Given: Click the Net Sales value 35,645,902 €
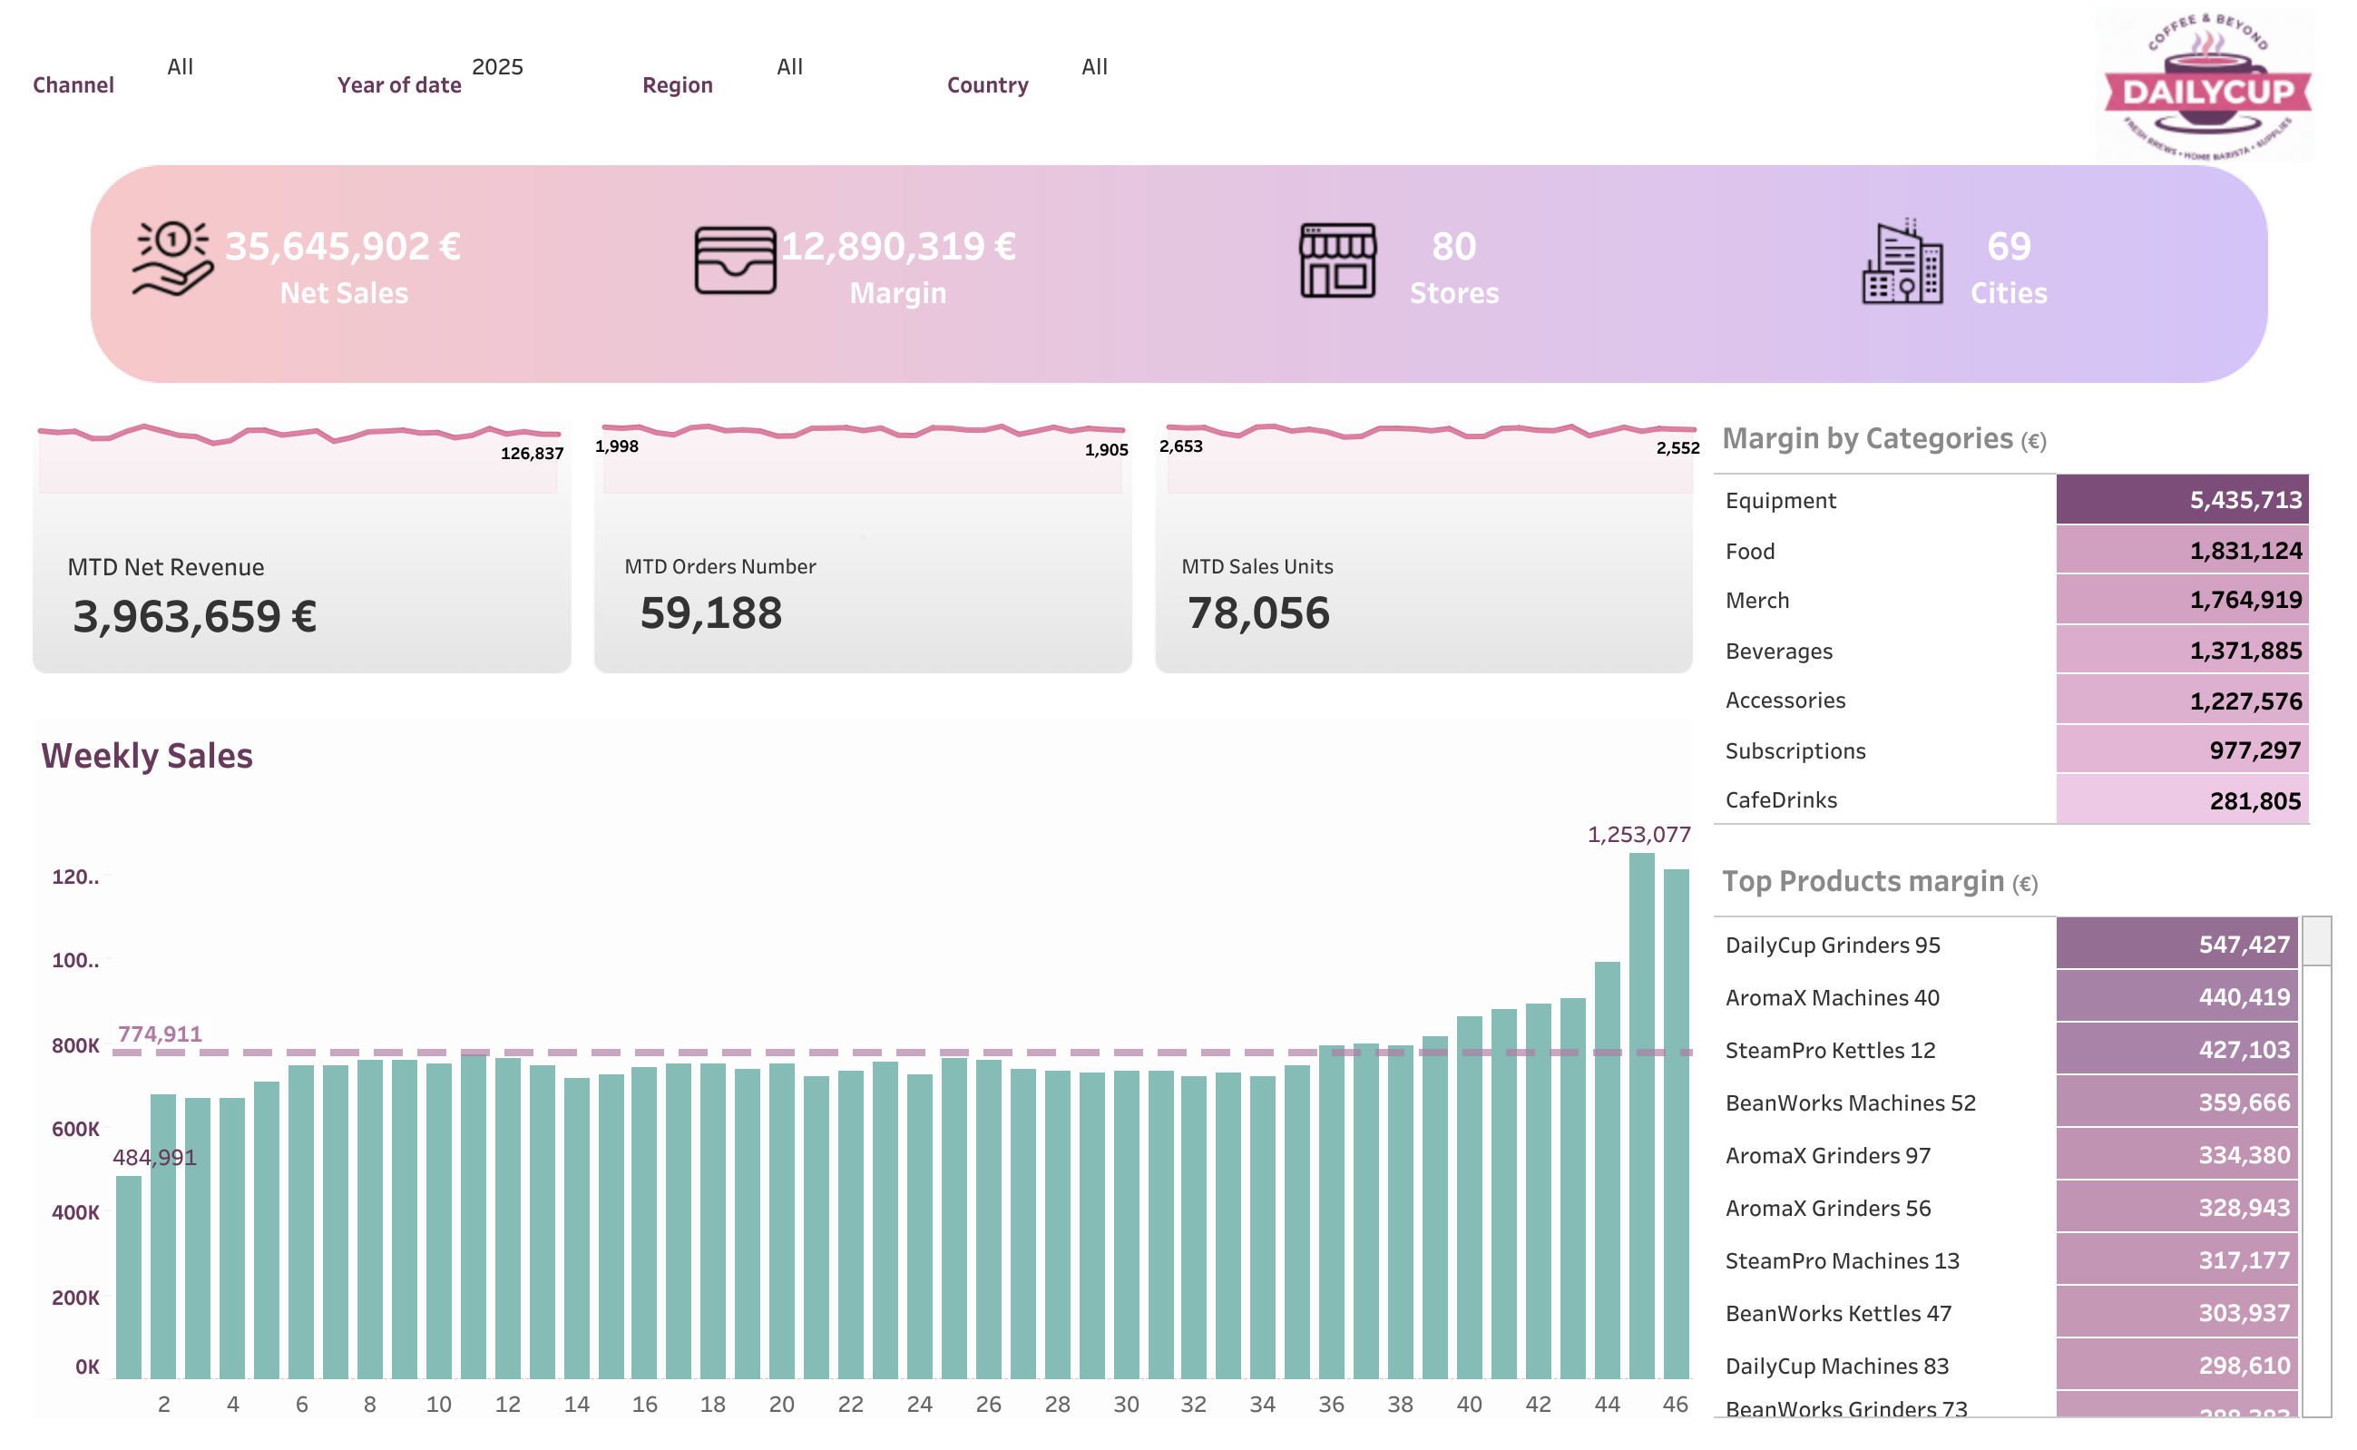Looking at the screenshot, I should pos(342,247).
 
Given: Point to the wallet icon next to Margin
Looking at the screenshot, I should pos(735,260).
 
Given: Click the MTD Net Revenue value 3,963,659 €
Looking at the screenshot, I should pos(195,616).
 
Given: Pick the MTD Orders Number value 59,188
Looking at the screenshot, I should pos(710,612).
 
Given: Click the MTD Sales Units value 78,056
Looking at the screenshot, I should pos(1258,612).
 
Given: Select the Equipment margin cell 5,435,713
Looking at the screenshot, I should pos(2182,500).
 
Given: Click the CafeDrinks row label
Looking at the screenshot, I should pos(1781,799).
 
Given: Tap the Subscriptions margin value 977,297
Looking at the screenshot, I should pos(2182,749).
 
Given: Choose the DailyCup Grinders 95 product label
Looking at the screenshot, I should pos(1833,945).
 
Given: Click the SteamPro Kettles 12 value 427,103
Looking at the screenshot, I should pos(2176,1049).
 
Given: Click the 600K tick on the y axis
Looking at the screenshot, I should pos(75,1129).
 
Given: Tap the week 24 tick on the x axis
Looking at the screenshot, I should pos(919,1404).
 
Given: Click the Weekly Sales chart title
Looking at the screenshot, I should pos(147,756).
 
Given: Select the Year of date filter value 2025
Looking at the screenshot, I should pos(497,66).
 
